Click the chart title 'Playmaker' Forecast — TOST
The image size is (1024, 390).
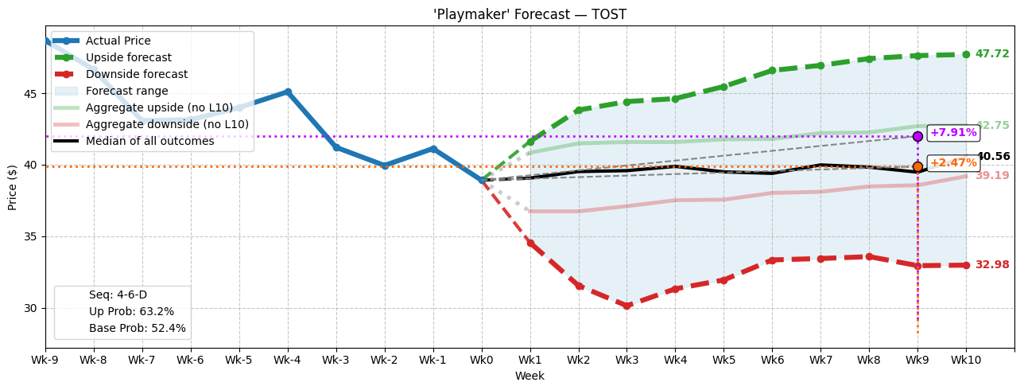coord(529,14)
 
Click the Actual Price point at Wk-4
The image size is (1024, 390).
coord(288,92)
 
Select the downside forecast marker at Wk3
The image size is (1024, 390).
coord(626,306)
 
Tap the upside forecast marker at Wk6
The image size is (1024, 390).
coord(772,71)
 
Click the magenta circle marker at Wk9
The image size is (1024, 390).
coord(917,136)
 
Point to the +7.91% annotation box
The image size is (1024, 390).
coord(953,133)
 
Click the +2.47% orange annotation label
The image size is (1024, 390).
coord(953,163)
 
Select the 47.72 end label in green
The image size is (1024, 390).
coord(991,54)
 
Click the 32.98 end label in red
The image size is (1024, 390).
coord(991,265)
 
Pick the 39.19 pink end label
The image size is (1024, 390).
coord(991,176)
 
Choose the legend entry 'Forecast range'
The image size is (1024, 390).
coord(126,91)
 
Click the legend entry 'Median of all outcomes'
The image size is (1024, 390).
coord(150,141)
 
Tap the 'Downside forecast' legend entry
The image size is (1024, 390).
coord(137,74)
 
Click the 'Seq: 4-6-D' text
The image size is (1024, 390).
coord(118,295)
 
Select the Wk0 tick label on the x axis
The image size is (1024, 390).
coord(481,360)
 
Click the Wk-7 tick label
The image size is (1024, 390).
coord(142,360)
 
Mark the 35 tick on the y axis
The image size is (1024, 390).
coord(31,236)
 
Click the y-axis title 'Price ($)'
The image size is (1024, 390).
coord(13,188)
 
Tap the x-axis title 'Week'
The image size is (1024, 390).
coord(529,376)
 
